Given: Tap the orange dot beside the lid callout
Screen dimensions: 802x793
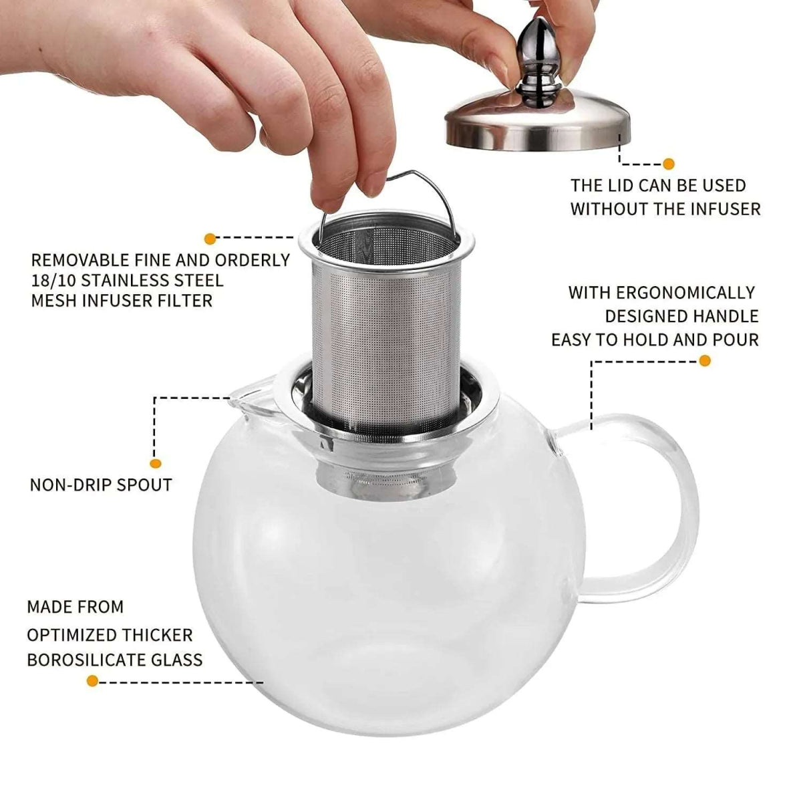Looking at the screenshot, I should (668, 164).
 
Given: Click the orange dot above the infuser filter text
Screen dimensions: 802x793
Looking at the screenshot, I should (210, 237).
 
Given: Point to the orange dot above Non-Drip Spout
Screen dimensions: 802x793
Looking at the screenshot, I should (156, 462).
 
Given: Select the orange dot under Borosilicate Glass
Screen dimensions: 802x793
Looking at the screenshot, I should (92, 681).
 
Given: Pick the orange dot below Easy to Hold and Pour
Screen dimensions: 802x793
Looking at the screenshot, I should (703, 361).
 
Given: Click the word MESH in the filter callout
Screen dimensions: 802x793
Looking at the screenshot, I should (55, 301).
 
